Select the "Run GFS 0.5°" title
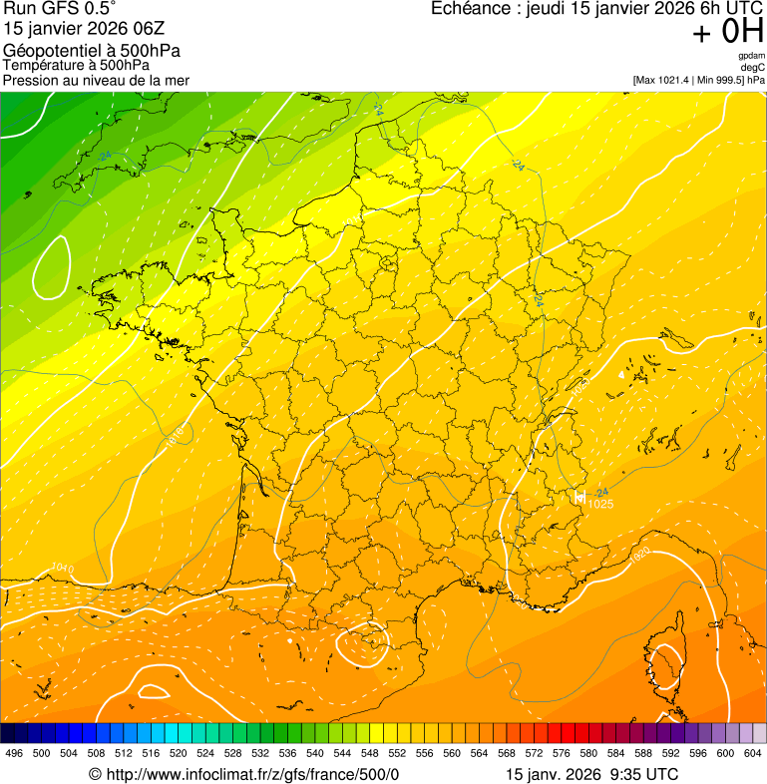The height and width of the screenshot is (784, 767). coord(60,10)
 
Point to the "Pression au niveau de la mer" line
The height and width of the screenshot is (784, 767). coord(96,80)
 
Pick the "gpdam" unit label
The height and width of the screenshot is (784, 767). coord(751,56)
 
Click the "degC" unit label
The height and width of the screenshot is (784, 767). coord(752,67)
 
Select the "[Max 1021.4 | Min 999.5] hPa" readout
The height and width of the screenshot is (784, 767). coord(698,80)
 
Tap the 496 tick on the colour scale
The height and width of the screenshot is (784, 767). coord(14,753)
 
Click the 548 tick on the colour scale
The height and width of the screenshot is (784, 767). coord(369,753)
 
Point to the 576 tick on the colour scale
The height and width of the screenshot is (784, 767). coord(561,753)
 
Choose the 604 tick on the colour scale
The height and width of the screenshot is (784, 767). coord(753,753)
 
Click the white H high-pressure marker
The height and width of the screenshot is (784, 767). coord(578,496)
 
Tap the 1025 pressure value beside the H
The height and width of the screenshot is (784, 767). coord(600,505)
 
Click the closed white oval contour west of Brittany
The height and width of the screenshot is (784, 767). coord(51,267)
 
